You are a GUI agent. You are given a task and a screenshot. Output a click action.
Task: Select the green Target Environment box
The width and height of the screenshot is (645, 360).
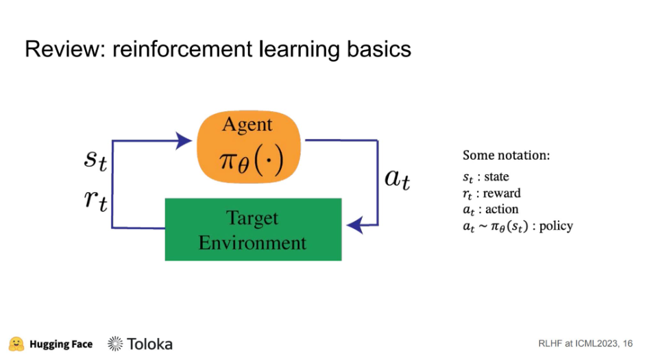click(x=253, y=229)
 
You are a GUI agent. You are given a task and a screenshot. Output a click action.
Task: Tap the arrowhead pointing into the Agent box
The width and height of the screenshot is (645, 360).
click(x=183, y=141)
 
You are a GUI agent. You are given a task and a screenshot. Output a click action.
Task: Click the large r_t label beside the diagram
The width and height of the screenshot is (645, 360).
click(x=95, y=200)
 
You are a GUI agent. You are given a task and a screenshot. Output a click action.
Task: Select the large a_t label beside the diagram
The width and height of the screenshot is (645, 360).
click(x=397, y=180)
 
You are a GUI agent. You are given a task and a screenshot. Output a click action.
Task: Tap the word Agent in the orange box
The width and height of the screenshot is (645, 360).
click(x=247, y=125)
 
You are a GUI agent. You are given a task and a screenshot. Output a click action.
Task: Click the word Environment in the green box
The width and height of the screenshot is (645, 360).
click(x=253, y=241)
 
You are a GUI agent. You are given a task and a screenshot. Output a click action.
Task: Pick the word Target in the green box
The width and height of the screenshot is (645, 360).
click(x=252, y=218)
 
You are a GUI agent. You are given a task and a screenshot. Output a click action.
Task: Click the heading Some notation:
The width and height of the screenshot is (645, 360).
click(x=506, y=155)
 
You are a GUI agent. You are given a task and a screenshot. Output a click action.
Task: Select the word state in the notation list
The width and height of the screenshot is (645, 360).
click(x=496, y=177)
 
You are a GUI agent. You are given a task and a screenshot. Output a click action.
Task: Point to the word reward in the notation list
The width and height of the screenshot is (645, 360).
click(x=502, y=193)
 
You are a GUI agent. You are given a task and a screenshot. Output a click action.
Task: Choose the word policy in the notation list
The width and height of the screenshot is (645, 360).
click(x=556, y=226)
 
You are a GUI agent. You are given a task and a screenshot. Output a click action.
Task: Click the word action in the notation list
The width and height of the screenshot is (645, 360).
click(x=502, y=209)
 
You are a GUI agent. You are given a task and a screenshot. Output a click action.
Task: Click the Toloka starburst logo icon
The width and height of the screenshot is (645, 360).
click(x=115, y=344)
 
